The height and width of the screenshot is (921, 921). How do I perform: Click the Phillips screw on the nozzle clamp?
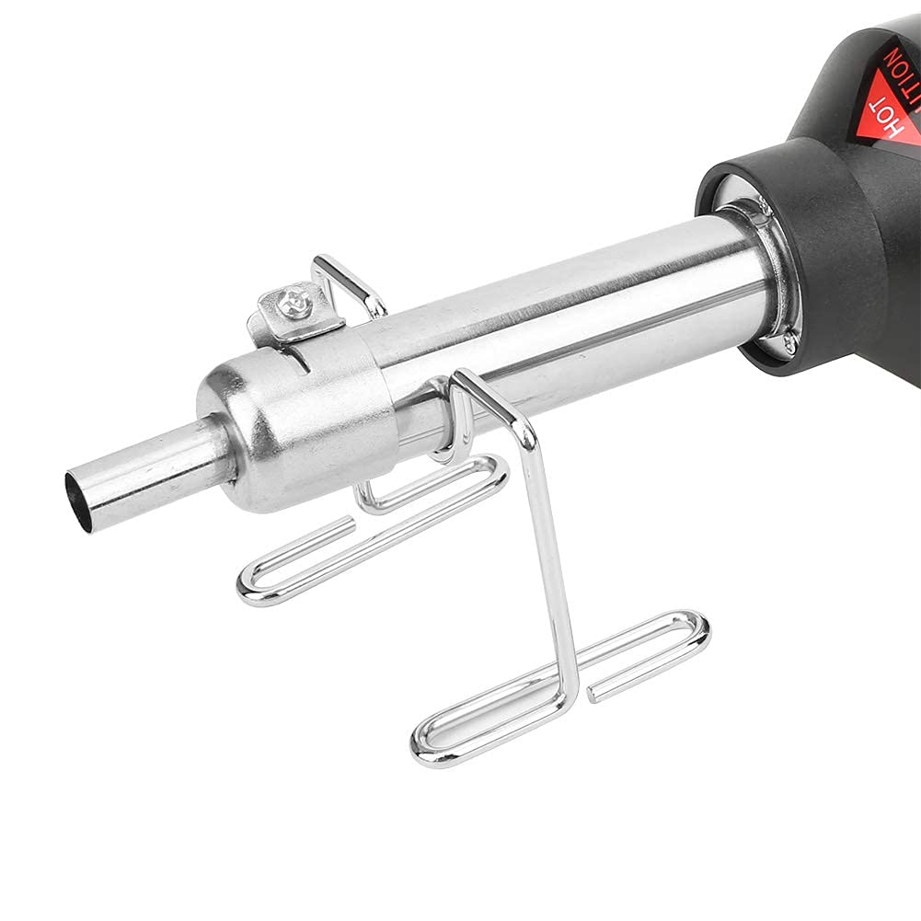click(296, 301)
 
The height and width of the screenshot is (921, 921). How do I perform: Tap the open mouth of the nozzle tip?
click(78, 501)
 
